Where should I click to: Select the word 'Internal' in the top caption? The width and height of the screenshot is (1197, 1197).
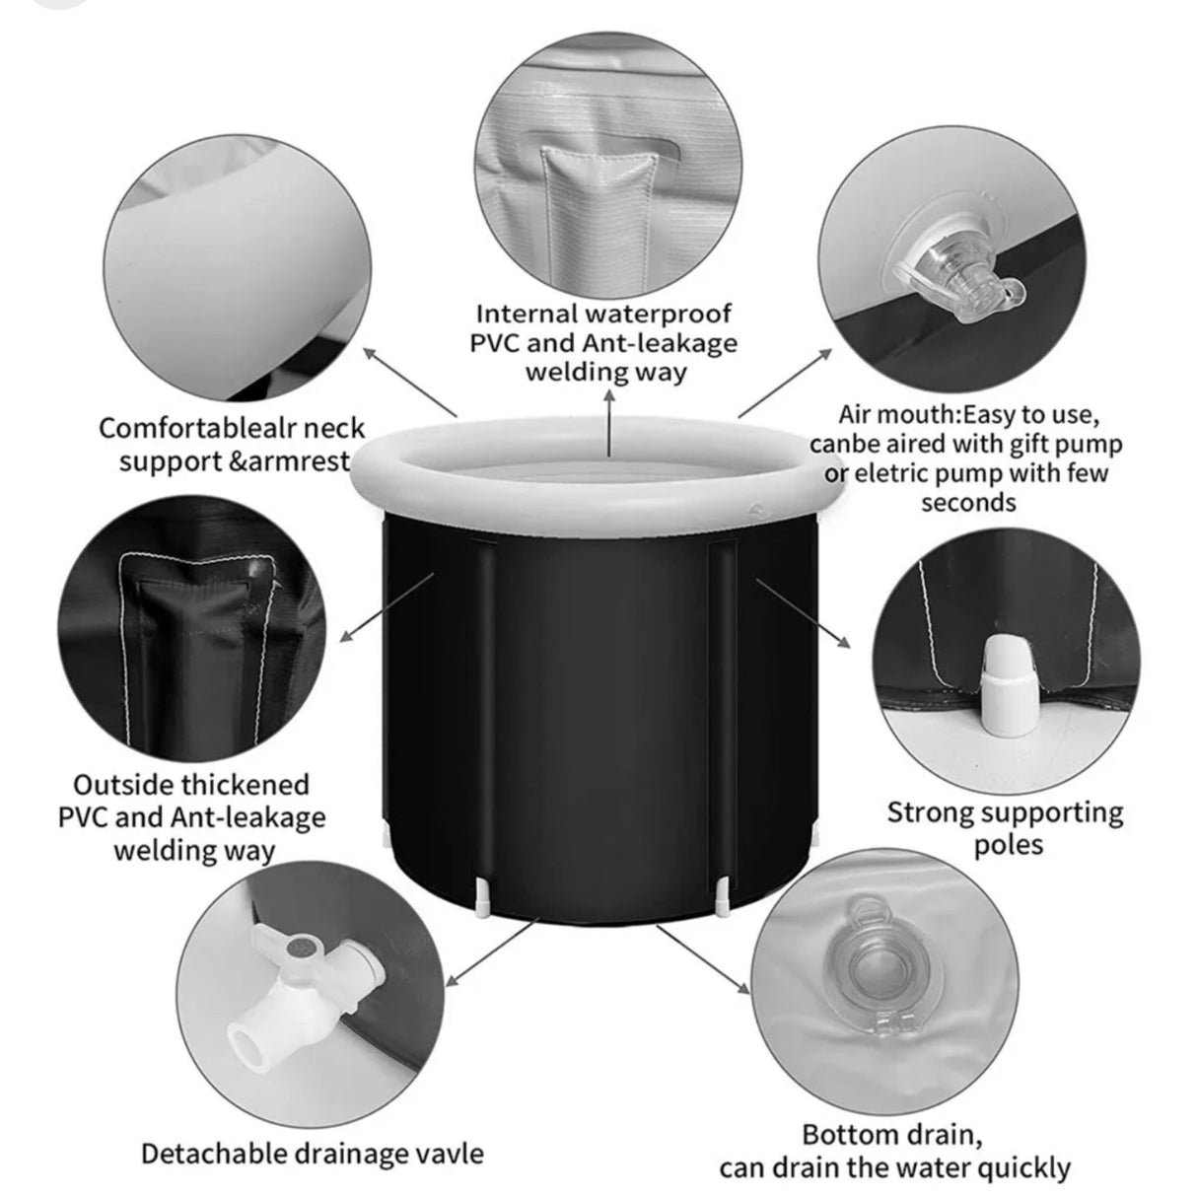(x=527, y=315)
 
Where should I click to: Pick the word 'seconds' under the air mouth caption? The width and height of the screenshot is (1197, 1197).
(x=968, y=502)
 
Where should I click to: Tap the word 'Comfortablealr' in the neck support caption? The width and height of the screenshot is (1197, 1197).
(x=196, y=429)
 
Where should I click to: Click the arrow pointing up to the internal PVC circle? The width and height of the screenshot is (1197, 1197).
(x=609, y=425)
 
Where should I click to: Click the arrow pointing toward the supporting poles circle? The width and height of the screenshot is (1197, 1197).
(x=803, y=612)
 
